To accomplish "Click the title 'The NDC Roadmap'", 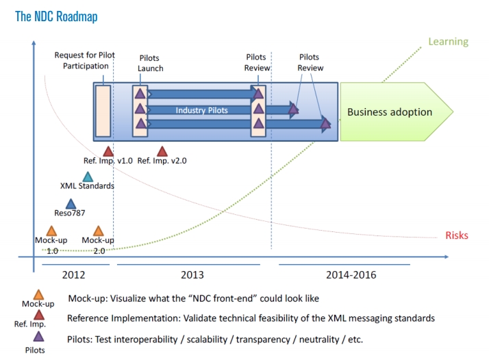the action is pyautogui.click(x=56, y=16).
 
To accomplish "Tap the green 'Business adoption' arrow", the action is pyautogui.click(x=396, y=112).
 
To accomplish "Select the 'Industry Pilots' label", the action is pyautogui.click(x=201, y=110).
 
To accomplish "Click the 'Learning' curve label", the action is pyautogui.click(x=448, y=42).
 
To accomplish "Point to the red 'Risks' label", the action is pyautogui.click(x=457, y=235).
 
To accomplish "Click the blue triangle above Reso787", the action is pyautogui.click(x=71, y=203).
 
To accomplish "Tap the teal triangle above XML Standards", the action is pyautogui.click(x=88, y=177).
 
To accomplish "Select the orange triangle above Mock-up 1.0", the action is pyautogui.click(x=51, y=231).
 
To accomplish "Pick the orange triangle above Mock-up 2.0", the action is pyautogui.click(x=98, y=231).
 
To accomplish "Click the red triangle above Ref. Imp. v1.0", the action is pyautogui.click(x=108, y=151).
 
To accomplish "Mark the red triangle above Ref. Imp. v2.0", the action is pyautogui.click(x=162, y=151).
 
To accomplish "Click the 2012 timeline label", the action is pyautogui.click(x=73, y=275).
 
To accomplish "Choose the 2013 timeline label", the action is pyautogui.click(x=192, y=275).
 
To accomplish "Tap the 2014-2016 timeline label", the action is pyautogui.click(x=351, y=275).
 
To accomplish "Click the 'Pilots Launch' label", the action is pyautogui.click(x=150, y=63).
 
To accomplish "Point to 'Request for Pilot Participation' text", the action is pyautogui.click(x=85, y=60).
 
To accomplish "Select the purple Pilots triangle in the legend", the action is pyautogui.click(x=38, y=336).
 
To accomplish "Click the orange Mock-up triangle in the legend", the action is pyautogui.click(x=38, y=294).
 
